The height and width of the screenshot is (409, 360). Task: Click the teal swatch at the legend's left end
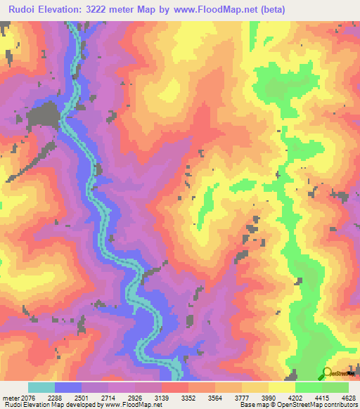(41, 388)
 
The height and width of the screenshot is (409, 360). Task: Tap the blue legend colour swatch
(68, 388)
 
